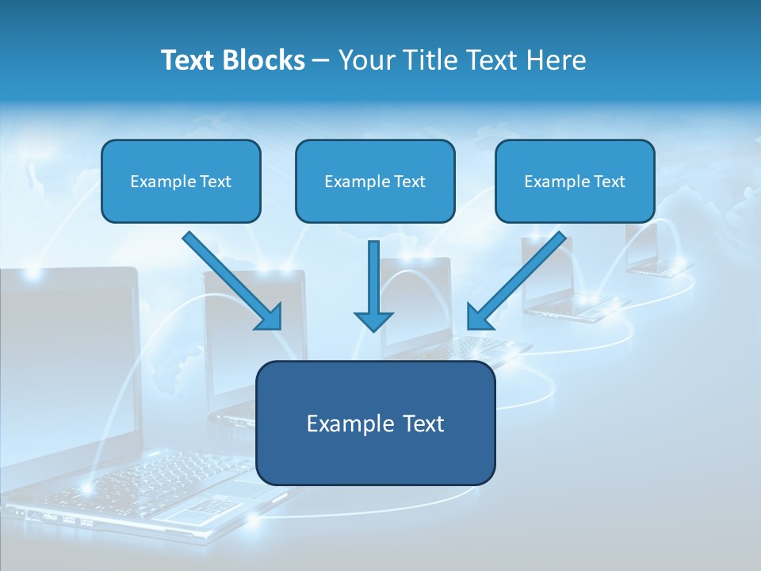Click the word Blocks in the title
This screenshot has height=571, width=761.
coord(263,60)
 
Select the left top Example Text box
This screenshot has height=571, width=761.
coord(181,182)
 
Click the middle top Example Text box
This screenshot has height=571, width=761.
coord(375,182)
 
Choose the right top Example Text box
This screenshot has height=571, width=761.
coord(575,182)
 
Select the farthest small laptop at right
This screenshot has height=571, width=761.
coord(654,250)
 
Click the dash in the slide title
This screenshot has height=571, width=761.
coord(321,60)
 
